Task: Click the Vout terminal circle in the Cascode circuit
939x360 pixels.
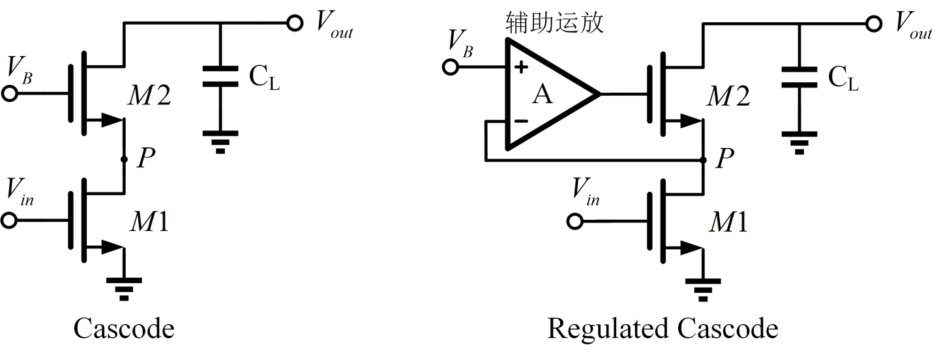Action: (294, 23)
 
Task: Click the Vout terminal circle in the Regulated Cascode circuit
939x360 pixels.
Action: (874, 23)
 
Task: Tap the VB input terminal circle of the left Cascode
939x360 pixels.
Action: (9, 93)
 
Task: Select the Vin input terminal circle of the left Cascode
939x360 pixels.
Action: (9, 221)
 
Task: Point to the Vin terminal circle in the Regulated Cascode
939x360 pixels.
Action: (574, 221)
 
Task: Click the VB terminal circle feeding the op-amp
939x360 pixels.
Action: (449, 67)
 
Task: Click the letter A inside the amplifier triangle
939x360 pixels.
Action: (542, 95)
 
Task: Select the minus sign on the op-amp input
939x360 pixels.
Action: (521, 121)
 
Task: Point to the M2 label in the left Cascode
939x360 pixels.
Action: (150, 97)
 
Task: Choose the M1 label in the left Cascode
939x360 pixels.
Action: (149, 223)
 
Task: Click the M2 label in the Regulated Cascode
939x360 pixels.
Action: (729, 97)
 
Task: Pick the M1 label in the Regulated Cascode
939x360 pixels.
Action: (728, 223)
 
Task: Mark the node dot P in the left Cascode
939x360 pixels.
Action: (124, 159)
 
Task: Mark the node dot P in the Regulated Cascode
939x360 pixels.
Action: (703, 159)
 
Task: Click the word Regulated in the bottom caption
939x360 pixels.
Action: (606, 329)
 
